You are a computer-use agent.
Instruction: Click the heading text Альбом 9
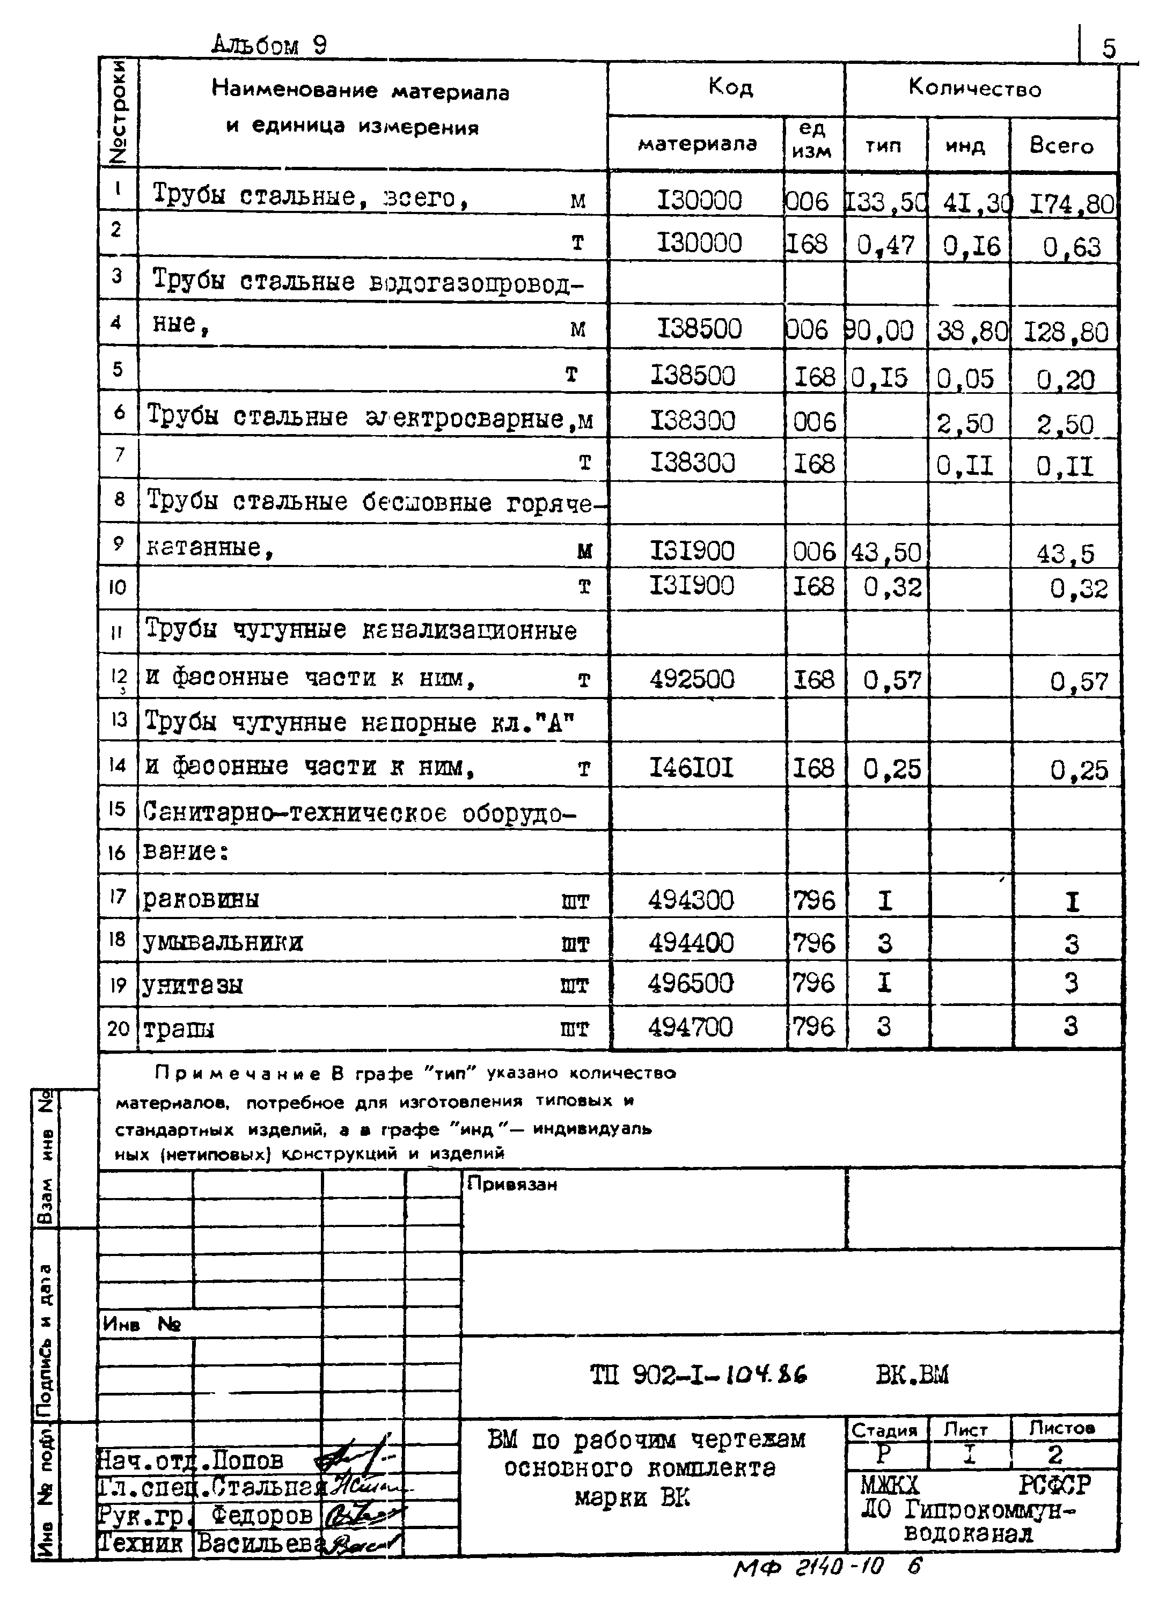pyautogui.click(x=269, y=46)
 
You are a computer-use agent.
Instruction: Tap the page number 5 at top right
pyautogui.click(x=1109, y=48)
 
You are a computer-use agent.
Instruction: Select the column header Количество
pyautogui.click(x=974, y=89)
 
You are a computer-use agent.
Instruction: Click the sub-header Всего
pyautogui.click(x=1061, y=145)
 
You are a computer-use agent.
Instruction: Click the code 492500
pyautogui.click(x=691, y=679)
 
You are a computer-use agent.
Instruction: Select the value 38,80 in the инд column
pyautogui.click(x=971, y=332)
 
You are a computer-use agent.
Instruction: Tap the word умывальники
pyautogui.click(x=223, y=943)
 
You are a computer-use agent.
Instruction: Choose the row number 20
pyautogui.click(x=118, y=1028)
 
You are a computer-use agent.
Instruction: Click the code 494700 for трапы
pyautogui.click(x=690, y=1027)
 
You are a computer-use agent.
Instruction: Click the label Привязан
pyautogui.click(x=512, y=1184)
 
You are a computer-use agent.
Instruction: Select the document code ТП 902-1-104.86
pyautogui.click(x=699, y=1375)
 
